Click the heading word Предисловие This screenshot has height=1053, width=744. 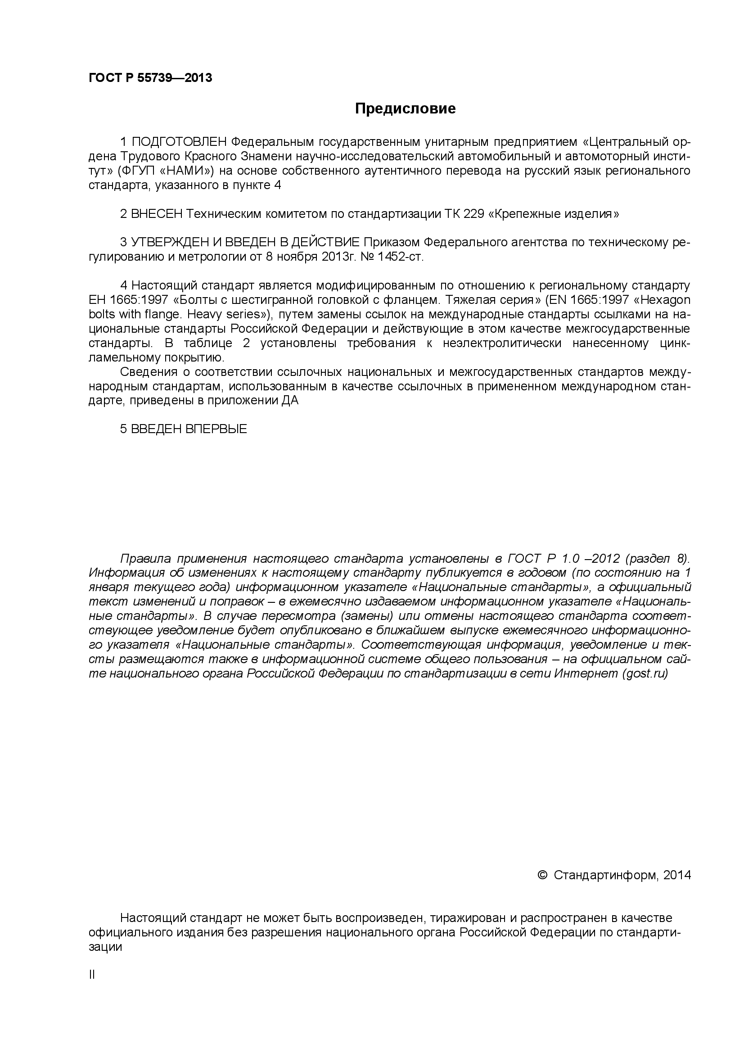point(406,108)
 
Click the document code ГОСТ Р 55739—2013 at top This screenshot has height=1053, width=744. point(150,78)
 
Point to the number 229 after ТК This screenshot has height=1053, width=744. point(474,214)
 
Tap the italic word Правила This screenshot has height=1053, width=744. point(145,559)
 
